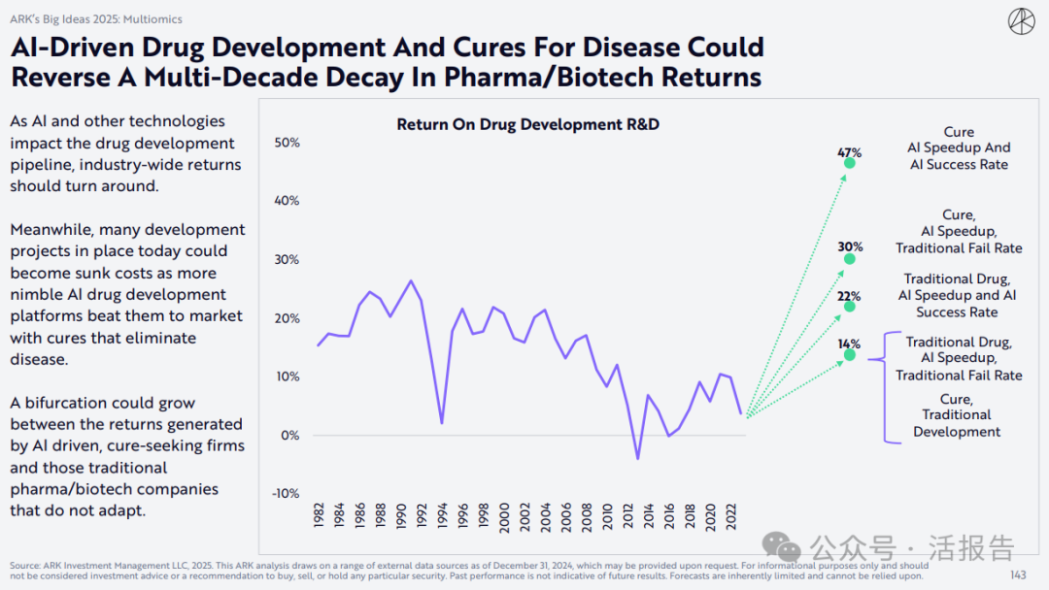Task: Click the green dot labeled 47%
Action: (850, 163)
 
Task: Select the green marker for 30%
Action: (850, 259)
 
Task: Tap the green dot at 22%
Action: (850, 307)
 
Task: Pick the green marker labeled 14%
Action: (850, 355)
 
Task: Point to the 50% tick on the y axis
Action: (288, 143)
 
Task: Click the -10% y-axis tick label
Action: (285, 493)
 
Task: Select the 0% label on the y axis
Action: (290, 435)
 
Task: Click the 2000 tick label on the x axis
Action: (503, 516)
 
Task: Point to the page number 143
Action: (1017, 575)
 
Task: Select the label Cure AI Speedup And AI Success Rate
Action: (959, 148)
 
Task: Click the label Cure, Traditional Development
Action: (957, 415)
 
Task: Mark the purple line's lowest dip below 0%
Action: (638, 458)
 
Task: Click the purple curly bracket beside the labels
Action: (886, 386)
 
